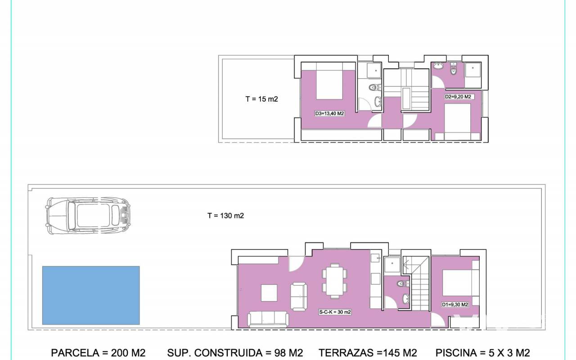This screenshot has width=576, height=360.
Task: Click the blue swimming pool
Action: (x=91, y=295)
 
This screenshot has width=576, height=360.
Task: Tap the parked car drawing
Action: (x=88, y=216)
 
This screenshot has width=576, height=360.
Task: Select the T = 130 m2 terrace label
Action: (x=225, y=216)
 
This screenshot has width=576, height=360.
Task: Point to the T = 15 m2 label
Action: (x=261, y=99)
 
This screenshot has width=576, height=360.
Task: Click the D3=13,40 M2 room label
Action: (x=329, y=113)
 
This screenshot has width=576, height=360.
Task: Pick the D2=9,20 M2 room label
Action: (x=458, y=97)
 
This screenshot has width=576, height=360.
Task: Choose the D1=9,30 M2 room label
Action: (x=455, y=305)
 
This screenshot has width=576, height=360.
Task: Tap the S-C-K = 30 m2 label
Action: (x=335, y=312)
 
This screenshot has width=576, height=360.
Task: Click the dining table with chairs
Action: (x=334, y=281)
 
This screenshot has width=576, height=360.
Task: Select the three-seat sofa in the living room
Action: (x=268, y=319)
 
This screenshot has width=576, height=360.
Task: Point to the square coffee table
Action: (x=269, y=292)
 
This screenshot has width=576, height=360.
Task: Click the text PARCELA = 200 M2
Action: (x=98, y=353)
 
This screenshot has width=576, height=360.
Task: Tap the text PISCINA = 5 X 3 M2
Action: (x=483, y=353)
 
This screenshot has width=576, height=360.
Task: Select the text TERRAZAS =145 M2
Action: (x=368, y=353)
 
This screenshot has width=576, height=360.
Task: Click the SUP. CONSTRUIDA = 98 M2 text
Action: (x=235, y=353)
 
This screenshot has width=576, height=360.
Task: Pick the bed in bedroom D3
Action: (x=329, y=81)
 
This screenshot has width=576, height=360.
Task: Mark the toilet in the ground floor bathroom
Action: (x=402, y=284)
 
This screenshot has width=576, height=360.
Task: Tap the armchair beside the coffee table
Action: (x=298, y=297)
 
